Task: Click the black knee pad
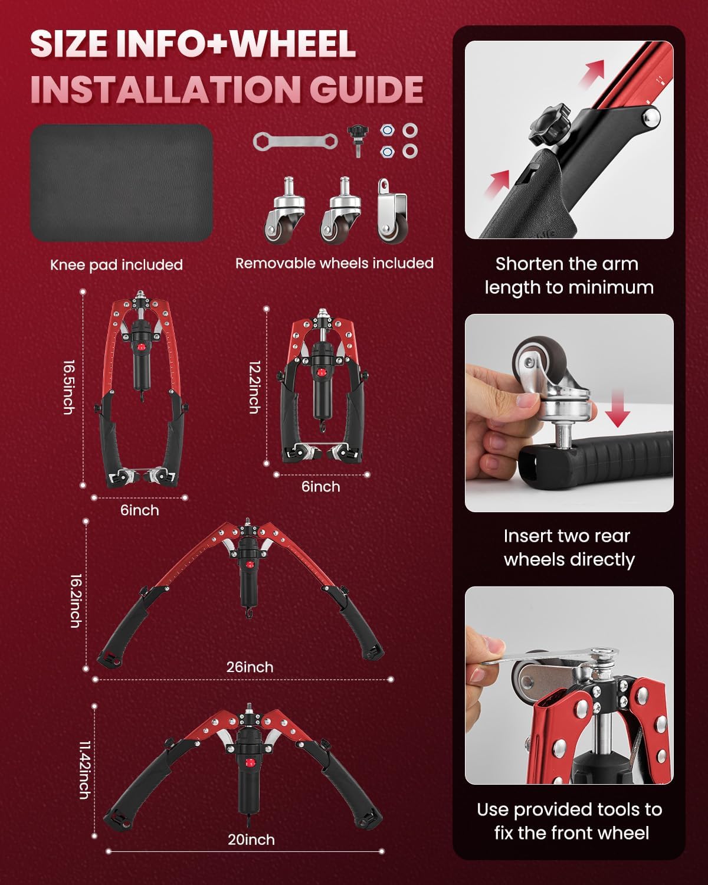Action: point(122,182)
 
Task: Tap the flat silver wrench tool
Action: point(295,142)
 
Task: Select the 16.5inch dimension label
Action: point(69,387)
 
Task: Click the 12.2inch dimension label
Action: point(255,387)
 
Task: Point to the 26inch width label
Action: point(250,667)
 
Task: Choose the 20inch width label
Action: point(251,840)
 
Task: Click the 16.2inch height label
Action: point(76,601)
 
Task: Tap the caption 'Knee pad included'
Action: point(116,265)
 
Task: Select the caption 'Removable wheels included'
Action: point(335,263)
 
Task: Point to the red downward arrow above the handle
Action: point(618,409)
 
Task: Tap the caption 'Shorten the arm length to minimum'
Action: point(569,276)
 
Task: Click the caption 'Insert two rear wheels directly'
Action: point(569,548)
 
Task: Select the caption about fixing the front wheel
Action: point(569,821)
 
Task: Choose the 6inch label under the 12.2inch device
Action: point(321,487)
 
